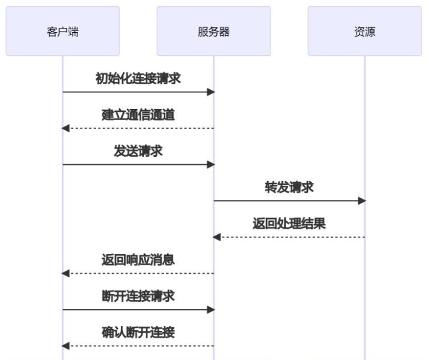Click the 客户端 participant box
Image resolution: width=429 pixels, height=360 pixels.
[x=63, y=32]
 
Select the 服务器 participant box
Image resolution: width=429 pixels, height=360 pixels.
[x=213, y=32]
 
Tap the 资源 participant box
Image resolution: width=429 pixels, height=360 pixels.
[x=365, y=32]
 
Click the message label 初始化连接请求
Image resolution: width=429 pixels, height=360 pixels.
[x=138, y=79]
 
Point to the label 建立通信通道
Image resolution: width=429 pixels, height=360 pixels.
[x=138, y=115]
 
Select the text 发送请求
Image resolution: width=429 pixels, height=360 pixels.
[x=138, y=151]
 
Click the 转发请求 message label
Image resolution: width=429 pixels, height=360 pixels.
[x=289, y=187]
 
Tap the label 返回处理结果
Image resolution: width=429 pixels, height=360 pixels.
[x=289, y=224]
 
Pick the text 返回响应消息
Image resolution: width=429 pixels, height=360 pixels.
[x=138, y=260]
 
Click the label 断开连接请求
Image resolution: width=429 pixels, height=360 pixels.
[x=138, y=296]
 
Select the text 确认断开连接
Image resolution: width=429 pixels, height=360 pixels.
[x=138, y=332]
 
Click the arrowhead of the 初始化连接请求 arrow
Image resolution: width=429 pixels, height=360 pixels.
[x=211, y=92]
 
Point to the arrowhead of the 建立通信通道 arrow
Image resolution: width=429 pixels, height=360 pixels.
[x=65, y=128]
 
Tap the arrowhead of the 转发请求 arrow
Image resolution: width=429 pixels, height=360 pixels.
[x=362, y=201]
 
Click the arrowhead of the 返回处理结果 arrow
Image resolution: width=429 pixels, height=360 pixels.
[x=216, y=237]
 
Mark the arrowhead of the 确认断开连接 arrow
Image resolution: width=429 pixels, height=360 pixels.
[x=65, y=346]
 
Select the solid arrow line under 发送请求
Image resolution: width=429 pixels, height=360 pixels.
[x=138, y=165]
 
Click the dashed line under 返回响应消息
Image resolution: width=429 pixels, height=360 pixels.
[x=138, y=273]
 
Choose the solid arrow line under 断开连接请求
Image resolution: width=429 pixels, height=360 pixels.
[x=138, y=310]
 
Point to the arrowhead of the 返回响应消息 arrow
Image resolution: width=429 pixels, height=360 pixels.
[x=65, y=273]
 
